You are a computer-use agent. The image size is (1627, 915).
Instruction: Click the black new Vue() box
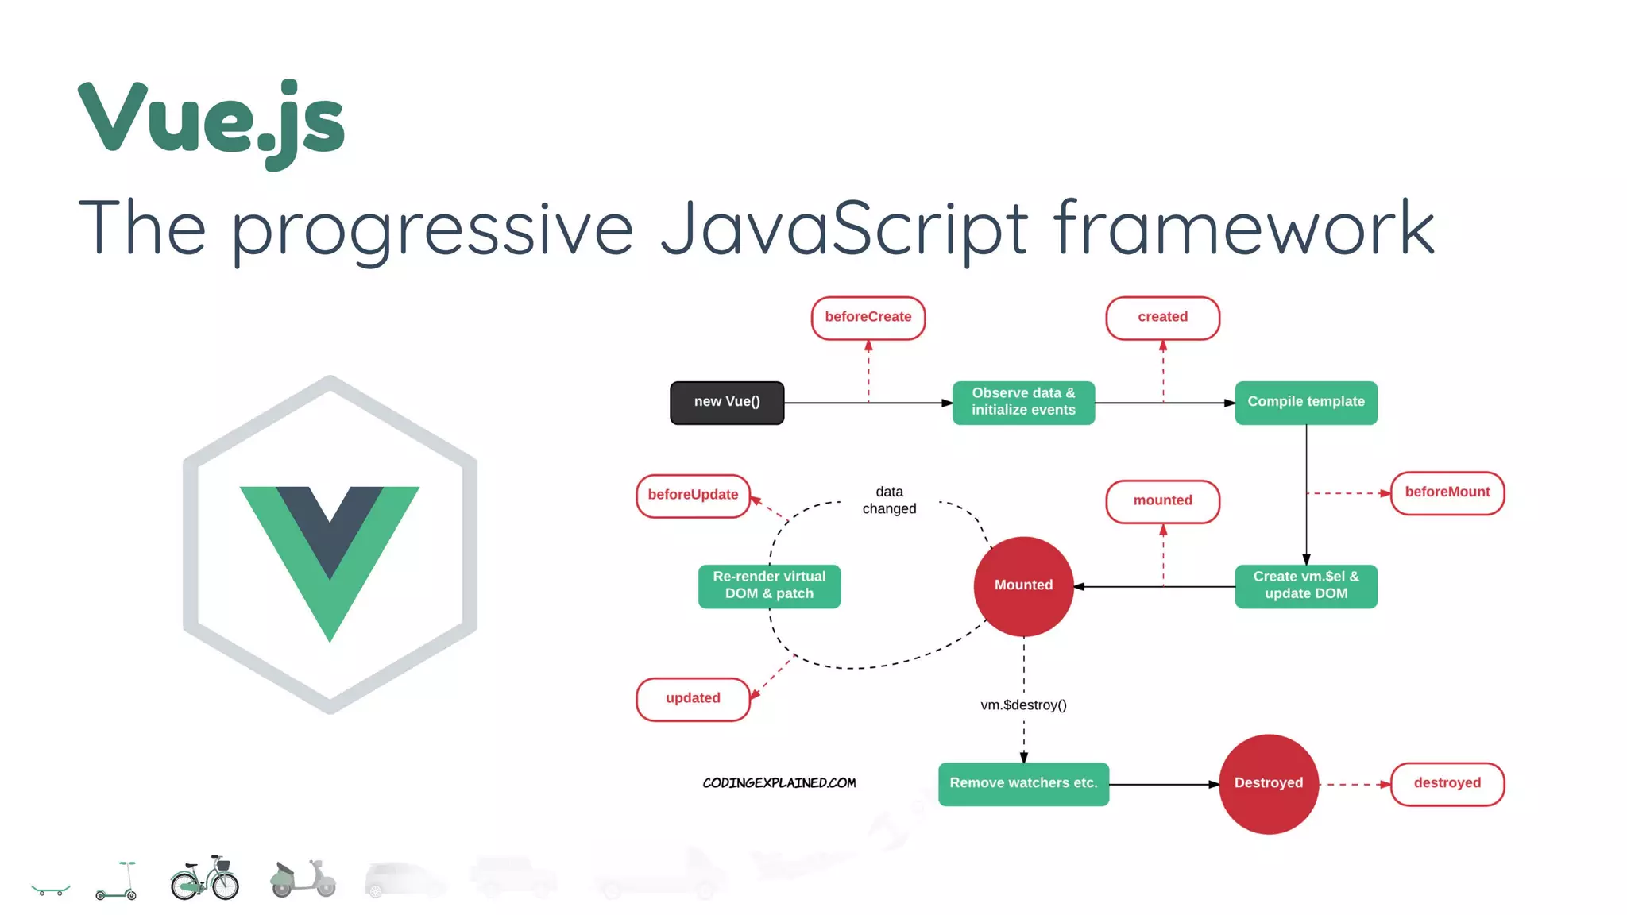[x=726, y=403]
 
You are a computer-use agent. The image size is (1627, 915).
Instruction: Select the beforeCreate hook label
[x=868, y=318]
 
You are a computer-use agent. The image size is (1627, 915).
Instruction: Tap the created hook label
[x=1162, y=318]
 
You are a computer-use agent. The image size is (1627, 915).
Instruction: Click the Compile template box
[x=1305, y=403]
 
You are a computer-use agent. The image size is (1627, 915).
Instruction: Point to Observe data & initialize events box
[x=1023, y=403]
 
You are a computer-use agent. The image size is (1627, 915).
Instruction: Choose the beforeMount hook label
[x=1447, y=493]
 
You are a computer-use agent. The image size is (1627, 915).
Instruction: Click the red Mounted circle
[x=1023, y=586]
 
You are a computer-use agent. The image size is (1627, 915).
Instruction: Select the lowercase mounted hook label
[x=1162, y=501]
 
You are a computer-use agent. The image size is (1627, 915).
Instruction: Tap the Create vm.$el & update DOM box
[x=1305, y=586]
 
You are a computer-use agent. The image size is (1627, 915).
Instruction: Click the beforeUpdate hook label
[x=693, y=496]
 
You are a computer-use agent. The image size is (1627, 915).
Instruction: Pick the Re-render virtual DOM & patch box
[x=769, y=586]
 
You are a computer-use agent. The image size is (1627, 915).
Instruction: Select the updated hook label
[x=693, y=699]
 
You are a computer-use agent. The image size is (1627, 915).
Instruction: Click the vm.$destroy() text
[x=1023, y=705]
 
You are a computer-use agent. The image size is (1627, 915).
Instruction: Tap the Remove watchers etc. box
[x=1023, y=784]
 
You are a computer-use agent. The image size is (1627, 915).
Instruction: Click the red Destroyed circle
[x=1268, y=784]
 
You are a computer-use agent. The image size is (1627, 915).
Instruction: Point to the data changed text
[x=889, y=501]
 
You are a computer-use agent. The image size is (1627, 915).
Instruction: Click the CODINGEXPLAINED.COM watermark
[x=779, y=783]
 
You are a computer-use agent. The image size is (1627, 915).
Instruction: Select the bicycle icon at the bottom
[x=204, y=879]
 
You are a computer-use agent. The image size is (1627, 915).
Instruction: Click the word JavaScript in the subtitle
[x=844, y=229]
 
